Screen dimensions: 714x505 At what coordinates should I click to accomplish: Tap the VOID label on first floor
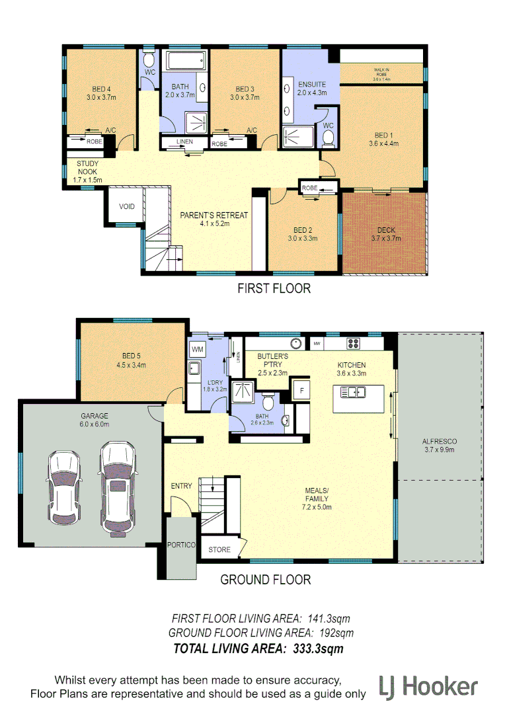pyautogui.click(x=127, y=206)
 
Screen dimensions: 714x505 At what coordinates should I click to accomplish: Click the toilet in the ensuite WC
pyautogui.click(x=329, y=136)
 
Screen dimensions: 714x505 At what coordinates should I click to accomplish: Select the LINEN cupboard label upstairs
pyautogui.click(x=185, y=143)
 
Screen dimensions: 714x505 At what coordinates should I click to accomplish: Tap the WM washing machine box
pyautogui.click(x=197, y=348)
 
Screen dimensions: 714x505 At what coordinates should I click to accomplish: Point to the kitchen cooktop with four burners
pyautogui.click(x=352, y=343)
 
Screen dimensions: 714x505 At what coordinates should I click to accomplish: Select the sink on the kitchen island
pyautogui.click(x=354, y=393)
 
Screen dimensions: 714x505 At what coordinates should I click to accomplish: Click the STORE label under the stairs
pyautogui.click(x=220, y=549)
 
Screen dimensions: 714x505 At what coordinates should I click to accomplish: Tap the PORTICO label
pyautogui.click(x=181, y=545)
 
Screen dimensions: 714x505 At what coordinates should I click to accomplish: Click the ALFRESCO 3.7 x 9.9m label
pyautogui.click(x=440, y=445)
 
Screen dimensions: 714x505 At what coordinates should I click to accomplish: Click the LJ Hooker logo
pyautogui.click(x=428, y=688)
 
